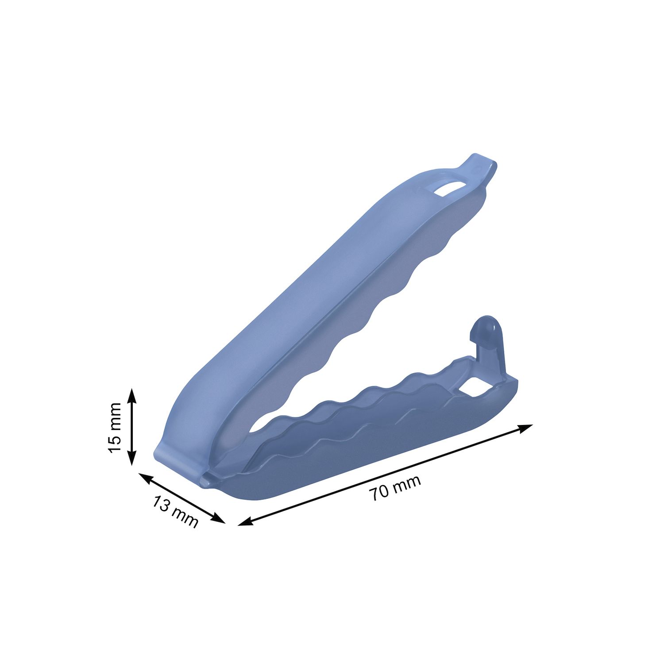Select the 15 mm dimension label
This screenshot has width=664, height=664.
[x=114, y=428]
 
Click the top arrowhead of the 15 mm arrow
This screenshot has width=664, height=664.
[x=132, y=395]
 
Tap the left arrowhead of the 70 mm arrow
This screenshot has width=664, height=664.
[x=246, y=522]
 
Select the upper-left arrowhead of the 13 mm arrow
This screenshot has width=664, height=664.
[x=146, y=477]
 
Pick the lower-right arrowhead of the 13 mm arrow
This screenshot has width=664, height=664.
[x=219, y=518]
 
